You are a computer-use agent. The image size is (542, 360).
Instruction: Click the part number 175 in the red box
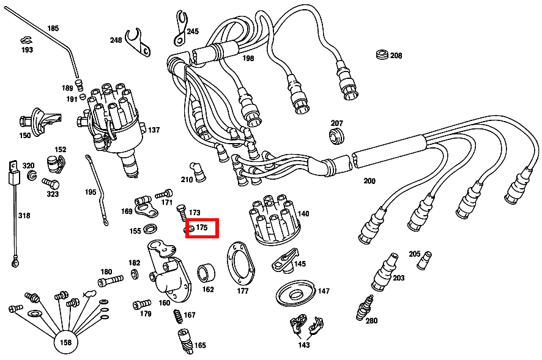(x=202, y=227)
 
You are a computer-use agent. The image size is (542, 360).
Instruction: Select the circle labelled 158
(x=65, y=342)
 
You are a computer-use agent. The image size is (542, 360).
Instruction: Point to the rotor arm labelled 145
(x=284, y=260)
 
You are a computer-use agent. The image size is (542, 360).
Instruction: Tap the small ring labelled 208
(x=382, y=54)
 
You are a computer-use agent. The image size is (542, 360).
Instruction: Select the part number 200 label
(x=369, y=181)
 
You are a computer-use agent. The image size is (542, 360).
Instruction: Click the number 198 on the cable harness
(x=248, y=59)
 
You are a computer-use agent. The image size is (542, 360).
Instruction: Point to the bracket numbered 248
(x=138, y=42)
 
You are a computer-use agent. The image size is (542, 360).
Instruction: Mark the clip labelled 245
(x=180, y=29)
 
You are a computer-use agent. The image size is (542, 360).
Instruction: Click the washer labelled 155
(x=150, y=230)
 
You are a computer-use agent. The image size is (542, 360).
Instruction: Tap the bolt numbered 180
(x=111, y=281)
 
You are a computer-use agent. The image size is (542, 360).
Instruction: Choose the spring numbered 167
(x=177, y=317)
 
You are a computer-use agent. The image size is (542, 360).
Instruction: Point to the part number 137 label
(x=154, y=130)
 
